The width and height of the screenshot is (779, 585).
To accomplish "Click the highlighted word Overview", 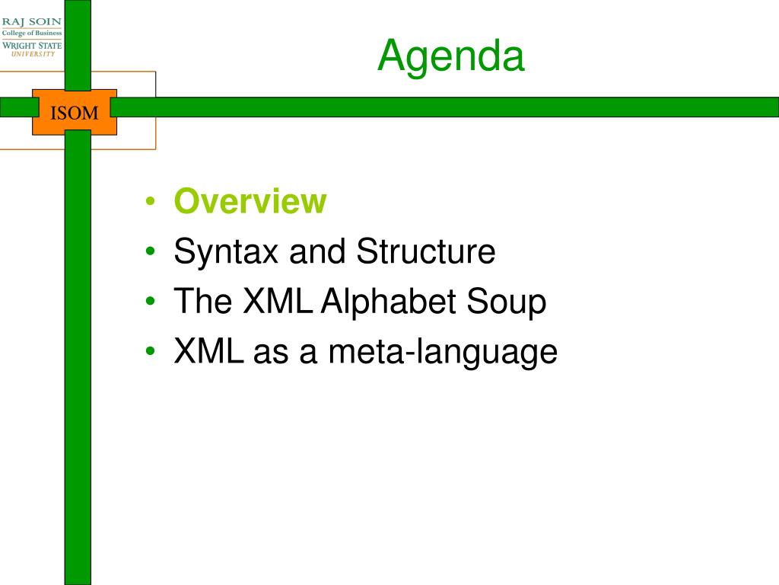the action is [x=250, y=201].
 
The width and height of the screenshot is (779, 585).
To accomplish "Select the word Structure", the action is [x=426, y=251].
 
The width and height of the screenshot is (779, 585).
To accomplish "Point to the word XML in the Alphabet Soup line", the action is [x=277, y=301].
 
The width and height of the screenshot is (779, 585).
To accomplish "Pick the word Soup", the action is [x=506, y=302].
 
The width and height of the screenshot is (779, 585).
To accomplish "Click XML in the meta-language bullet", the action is [x=208, y=351].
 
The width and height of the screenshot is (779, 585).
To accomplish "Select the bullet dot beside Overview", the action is [x=151, y=201].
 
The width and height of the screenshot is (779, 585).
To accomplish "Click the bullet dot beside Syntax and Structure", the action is [x=151, y=251].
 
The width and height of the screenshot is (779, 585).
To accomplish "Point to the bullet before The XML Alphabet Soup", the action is [x=151, y=301].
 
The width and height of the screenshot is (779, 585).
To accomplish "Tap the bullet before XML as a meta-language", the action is [x=151, y=351].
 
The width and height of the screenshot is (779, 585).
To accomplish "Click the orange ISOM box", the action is [x=75, y=113].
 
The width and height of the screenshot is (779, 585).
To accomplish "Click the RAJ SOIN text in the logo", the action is [x=32, y=22].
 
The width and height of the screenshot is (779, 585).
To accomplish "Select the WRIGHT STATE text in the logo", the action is [x=32, y=46].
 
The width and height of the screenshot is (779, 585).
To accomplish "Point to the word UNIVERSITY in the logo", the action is [x=33, y=54].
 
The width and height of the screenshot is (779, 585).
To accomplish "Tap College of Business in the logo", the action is [x=32, y=34].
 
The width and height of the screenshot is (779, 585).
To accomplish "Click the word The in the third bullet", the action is [x=203, y=301].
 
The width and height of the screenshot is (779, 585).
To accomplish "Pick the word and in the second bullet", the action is [x=317, y=251].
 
